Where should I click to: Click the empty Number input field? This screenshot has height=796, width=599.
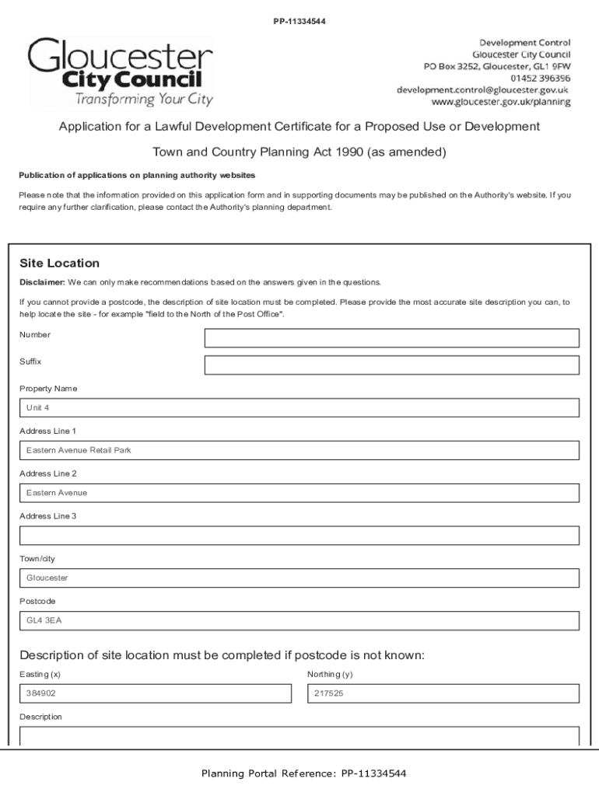point(391,337)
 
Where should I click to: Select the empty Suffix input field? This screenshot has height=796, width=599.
point(391,365)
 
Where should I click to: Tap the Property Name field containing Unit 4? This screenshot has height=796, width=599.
point(299,407)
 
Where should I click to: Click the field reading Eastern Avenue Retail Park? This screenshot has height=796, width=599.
point(299,450)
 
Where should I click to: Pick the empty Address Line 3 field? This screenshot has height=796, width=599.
point(299,536)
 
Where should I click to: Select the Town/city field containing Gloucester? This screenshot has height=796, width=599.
point(299,578)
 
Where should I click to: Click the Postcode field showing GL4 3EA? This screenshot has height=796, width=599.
point(299,620)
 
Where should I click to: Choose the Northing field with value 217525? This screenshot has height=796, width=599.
point(443,693)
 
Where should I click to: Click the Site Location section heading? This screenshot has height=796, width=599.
point(59,264)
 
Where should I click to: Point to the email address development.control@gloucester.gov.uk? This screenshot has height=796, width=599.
point(483,90)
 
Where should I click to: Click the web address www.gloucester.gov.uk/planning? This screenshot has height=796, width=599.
point(501,102)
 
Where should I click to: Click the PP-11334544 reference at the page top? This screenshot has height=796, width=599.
point(299,21)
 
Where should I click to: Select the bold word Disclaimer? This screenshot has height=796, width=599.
point(42,282)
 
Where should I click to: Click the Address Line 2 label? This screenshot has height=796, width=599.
point(48,473)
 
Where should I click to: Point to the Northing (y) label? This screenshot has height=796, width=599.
point(330,674)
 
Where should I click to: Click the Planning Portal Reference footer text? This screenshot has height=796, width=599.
point(303,773)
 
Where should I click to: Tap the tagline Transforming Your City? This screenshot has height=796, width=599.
point(144,99)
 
